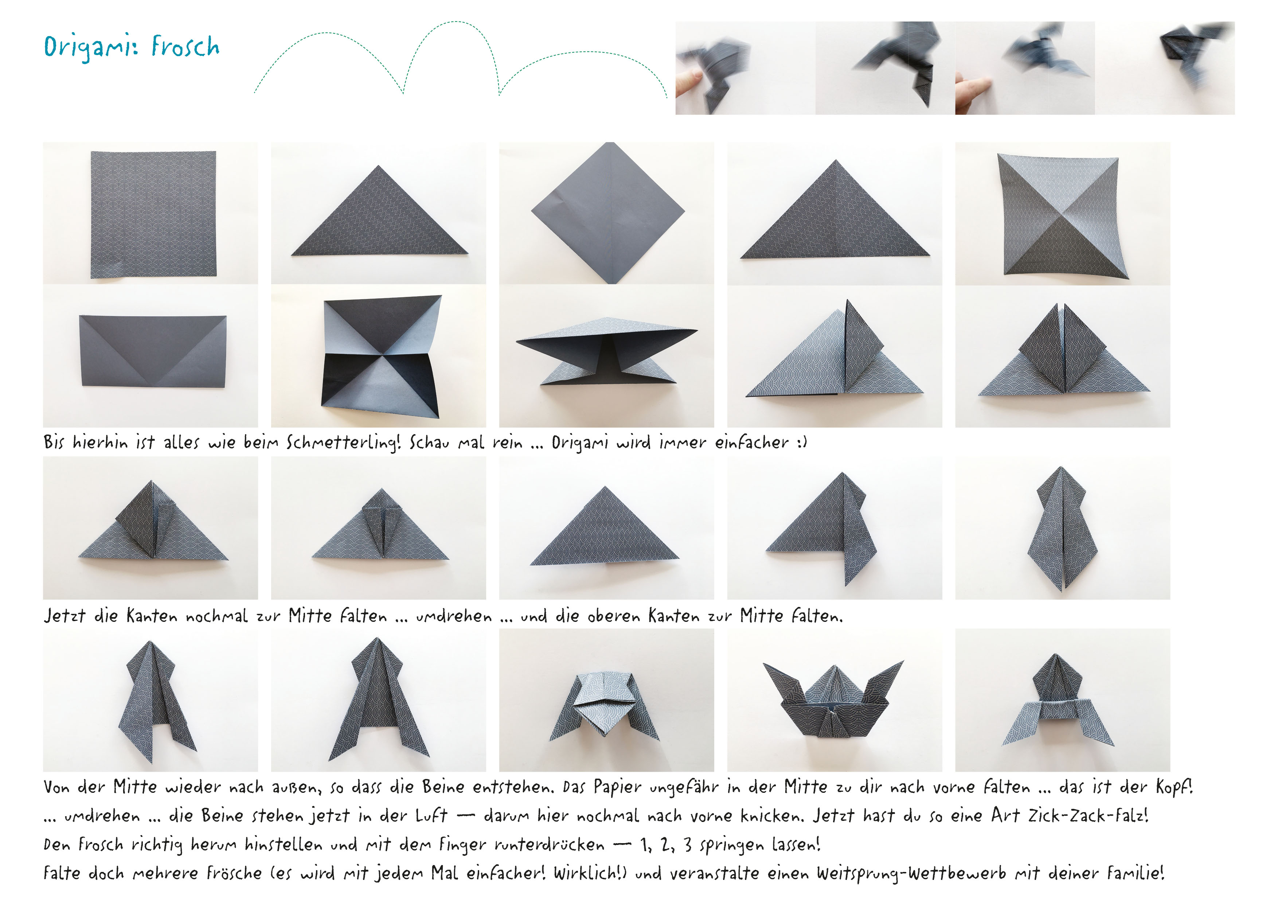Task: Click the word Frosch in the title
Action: point(185,47)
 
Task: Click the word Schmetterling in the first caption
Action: point(343,443)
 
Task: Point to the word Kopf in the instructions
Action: point(1173,787)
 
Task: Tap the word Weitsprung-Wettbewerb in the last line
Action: point(911,873)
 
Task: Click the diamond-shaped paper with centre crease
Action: point(608,213)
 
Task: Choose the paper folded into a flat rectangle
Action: point(153,351)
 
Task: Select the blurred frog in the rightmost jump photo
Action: point(1185,56)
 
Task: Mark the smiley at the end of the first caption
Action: point(802,443)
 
